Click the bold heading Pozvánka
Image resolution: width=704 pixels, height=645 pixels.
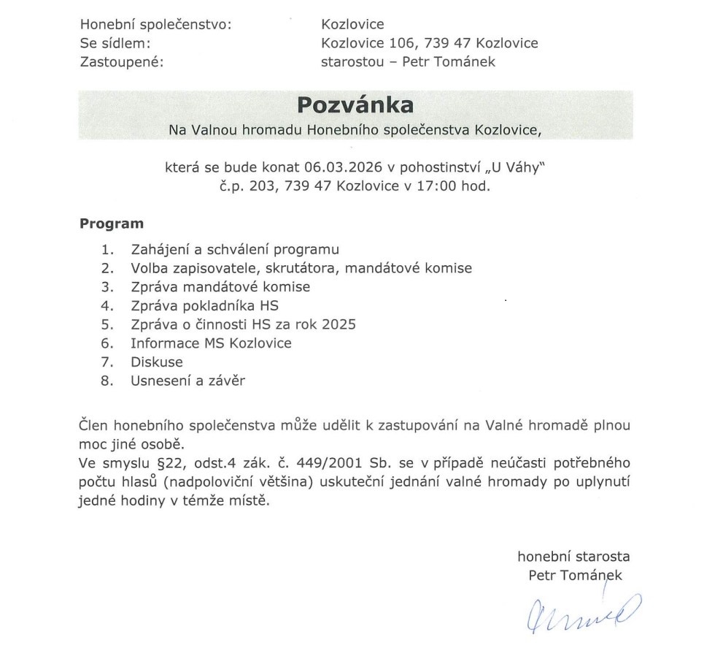[355, 105]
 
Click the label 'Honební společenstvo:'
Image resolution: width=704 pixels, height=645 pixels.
[155, 25]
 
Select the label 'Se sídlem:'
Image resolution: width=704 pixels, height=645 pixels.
[115, 43]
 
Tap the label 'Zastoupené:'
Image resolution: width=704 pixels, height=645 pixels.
[122, 61]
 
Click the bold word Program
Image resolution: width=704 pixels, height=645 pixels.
[112, 224]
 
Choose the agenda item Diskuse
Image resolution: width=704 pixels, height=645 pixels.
[157, 362]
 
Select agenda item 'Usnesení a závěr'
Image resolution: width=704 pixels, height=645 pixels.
[189, 381]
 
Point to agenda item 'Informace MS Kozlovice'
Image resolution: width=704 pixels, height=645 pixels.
[211, 343]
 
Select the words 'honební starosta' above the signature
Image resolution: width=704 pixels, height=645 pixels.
[573, 556]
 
